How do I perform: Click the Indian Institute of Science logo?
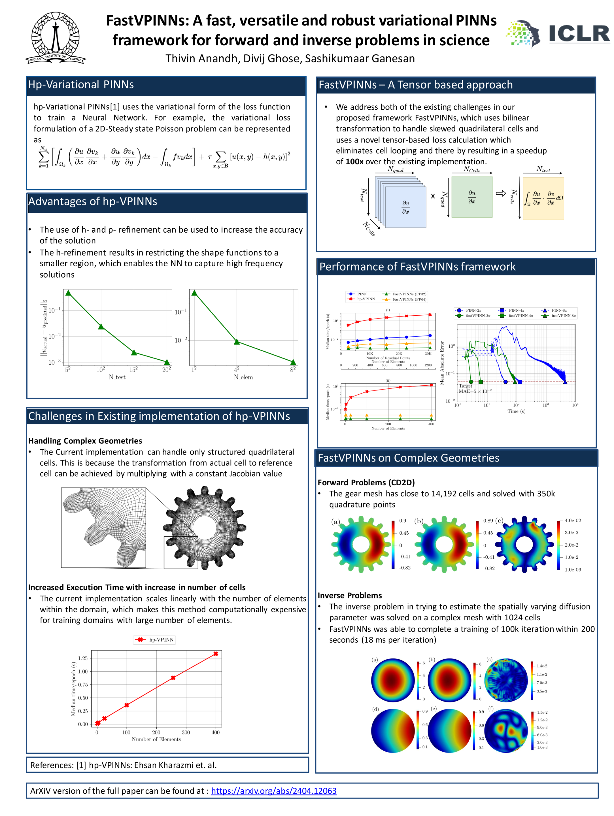(55, 38)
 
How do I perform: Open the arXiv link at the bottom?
(273, 790)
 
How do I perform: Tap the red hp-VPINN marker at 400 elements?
(216, 654)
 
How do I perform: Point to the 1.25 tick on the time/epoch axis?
(83, 658)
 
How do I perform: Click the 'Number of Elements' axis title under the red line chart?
(156, 739)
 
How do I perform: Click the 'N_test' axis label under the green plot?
(117, 377)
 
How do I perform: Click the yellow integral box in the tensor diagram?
(543, 198)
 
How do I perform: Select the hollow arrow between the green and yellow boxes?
(500, 193)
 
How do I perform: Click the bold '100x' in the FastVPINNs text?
(354, 161)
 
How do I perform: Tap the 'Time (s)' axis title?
(516, 411)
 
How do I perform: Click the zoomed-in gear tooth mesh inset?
(103, 528)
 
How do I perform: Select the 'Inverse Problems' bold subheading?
(349, 595)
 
